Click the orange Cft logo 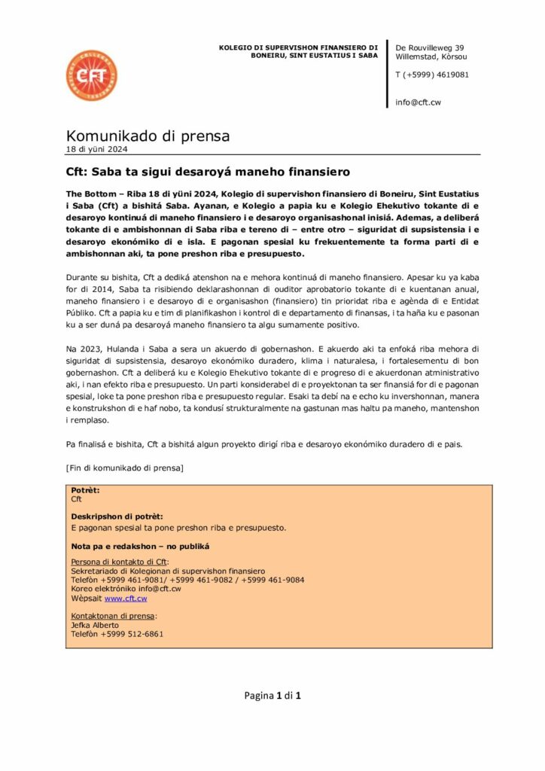click(x=91, y=76)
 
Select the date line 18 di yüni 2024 click(x=97, y=149)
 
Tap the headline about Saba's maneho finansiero click(x=208, y=172)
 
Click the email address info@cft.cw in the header click(x=419, y=102)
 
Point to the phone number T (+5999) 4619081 click(x=432, y=75)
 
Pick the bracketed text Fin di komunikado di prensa click(x=125, y=468)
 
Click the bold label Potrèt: click(x=85, y=490)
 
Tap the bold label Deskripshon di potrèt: click(x=116, y=517)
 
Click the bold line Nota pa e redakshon click(x=140, y=546)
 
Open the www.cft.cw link click(x=126, y=599)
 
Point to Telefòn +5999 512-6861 click(x=117, y=634)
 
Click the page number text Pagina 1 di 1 click(x=272, y=695)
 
